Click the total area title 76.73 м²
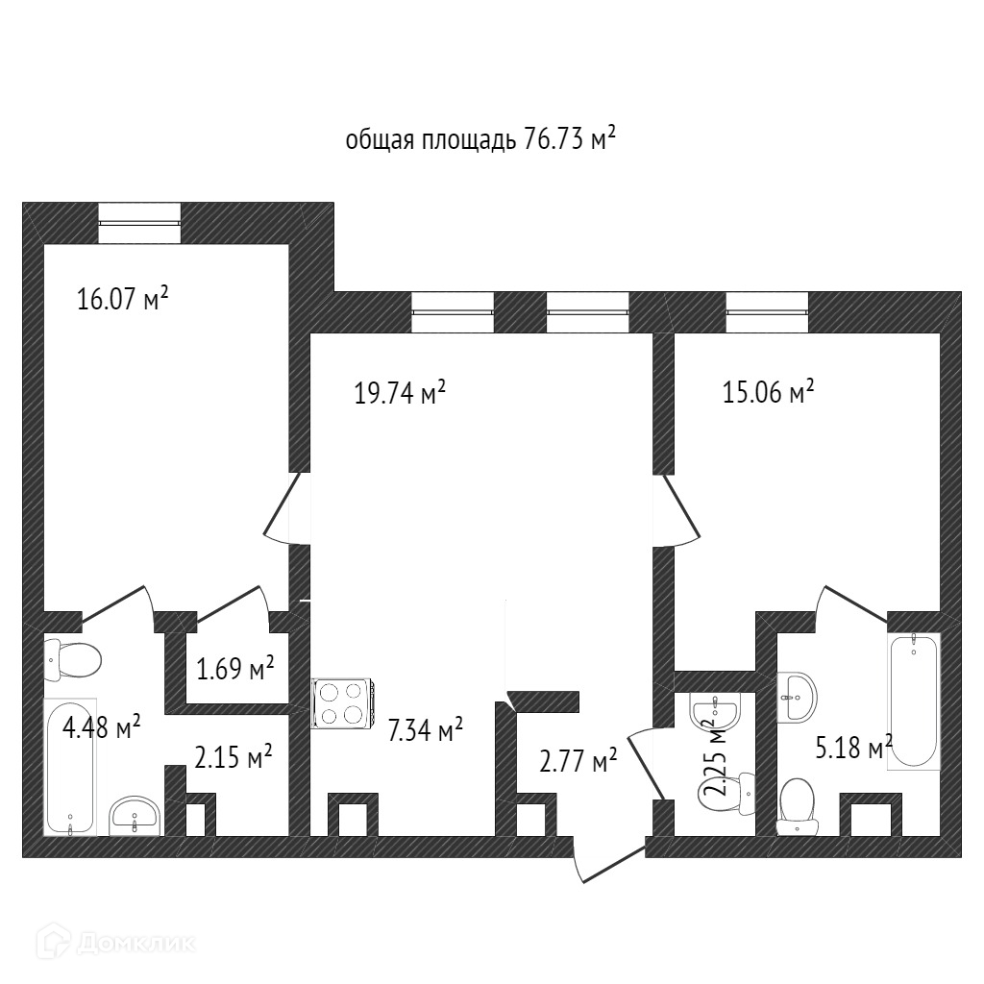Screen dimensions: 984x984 [x=480, y=140]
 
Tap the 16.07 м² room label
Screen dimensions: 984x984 [x=123, y=299]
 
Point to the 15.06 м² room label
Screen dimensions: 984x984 [x=769, y=392]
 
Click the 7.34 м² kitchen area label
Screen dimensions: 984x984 [x=426, y=730]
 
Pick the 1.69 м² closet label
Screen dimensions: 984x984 [x=235, y=668]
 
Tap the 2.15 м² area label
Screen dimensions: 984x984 [x=234, y=757]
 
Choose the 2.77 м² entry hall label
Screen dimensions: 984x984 [x=578, y=763]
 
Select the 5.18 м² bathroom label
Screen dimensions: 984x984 [x=853, y=748]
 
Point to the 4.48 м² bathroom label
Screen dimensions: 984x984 [x=102, y=727]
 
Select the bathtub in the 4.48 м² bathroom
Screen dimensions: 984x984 [x=70, y=766]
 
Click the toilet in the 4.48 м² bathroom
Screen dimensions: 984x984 [x=73, y=659]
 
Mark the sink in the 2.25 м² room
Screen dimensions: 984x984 [x=715, y=711]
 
